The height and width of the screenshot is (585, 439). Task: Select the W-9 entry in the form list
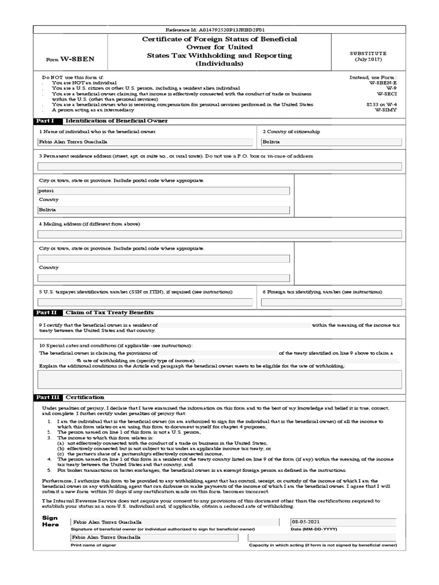click(x=391, y=89)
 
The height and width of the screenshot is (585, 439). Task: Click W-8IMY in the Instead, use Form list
click(x=386, y=110)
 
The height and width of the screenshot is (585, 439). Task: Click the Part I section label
click(x=45, y=121)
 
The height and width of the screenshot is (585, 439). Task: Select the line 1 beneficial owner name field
click(x=145, y=142)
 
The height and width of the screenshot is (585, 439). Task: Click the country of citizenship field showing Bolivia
click(x=331, y=142)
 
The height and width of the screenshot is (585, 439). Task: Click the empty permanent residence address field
click(x=219, y=166)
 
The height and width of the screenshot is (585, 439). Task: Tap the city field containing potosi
click(x=163, y=191)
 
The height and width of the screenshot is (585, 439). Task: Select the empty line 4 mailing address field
click(x=219, y=234)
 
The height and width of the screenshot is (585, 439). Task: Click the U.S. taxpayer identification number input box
click(x=145, y=302)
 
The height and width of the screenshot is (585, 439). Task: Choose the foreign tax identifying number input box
click(x=331, y=302)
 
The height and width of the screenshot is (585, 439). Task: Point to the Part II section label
click(x=46, y=313)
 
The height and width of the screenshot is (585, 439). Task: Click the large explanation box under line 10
click(x=219, y=379)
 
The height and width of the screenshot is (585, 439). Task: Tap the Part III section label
click(x=46, y=397)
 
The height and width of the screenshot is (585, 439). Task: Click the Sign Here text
click(x=50, y=521)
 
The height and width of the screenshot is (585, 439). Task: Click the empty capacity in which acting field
click(x=322, y=538)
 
